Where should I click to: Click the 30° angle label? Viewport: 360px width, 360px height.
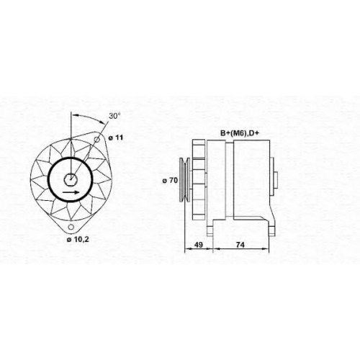click(114, 116)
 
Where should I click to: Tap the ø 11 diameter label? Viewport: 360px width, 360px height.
click(115, 138)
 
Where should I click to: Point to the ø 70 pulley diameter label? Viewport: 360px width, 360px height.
click(170, 180)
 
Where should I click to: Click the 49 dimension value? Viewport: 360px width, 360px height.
click(199, 245)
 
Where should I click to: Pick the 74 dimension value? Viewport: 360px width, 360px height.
click(240, 245)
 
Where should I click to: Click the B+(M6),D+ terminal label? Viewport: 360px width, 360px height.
click(240, 133)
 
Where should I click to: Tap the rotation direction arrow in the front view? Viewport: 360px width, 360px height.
click(71, 192)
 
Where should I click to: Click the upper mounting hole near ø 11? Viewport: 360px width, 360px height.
click(96, 140)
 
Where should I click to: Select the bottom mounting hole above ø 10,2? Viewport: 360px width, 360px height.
click(71, 227)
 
